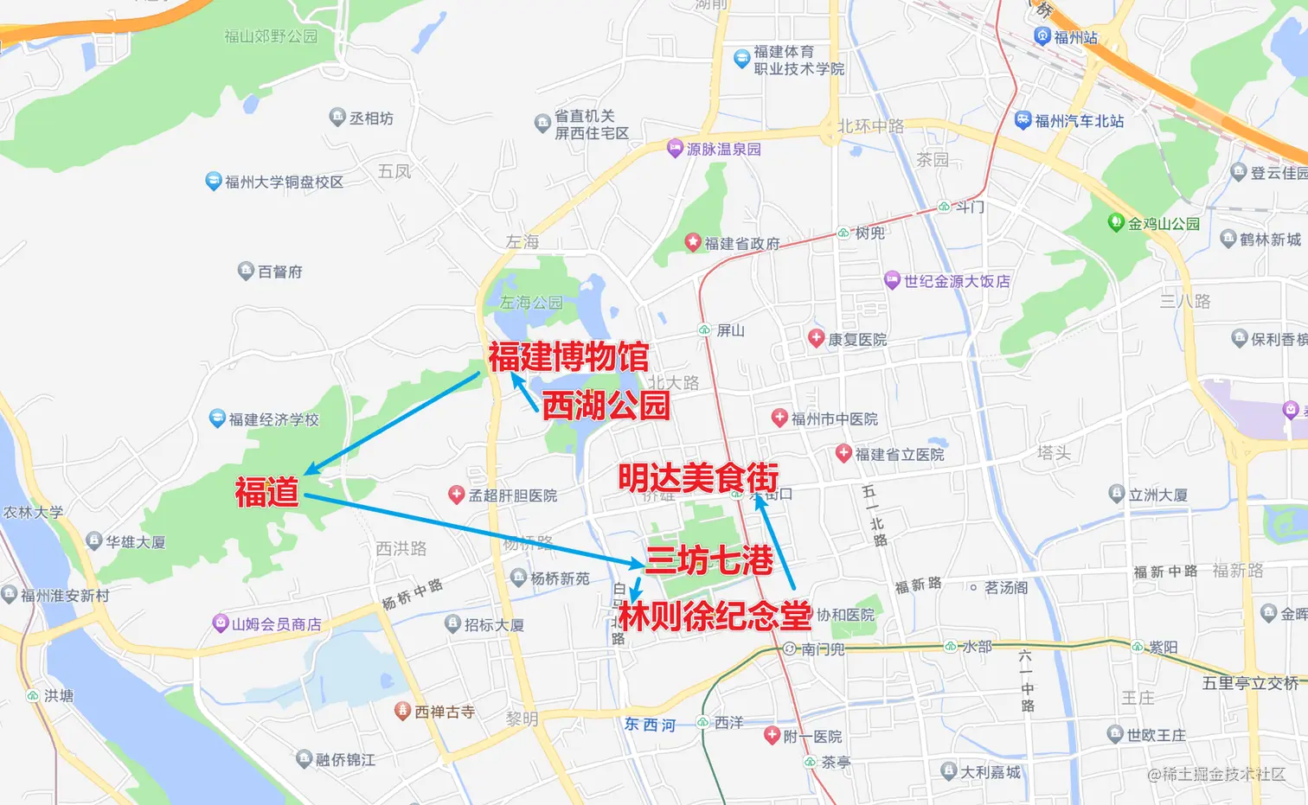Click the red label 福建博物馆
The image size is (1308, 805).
point(567,356)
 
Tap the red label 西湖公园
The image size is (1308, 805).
point(606,405)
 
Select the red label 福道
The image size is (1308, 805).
point(266,492)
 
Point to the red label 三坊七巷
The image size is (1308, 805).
point(709,560)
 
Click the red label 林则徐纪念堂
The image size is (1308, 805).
point(715,616)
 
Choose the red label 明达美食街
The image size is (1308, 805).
point(698,476)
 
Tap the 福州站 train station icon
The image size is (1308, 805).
point(1042,36)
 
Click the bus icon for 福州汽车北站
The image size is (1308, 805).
point(1023,120)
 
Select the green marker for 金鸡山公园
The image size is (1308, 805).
point(1116,222)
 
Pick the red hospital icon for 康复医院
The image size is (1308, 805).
point(816,338)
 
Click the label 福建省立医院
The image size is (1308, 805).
point(900,454)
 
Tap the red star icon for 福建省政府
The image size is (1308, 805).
point(693,242)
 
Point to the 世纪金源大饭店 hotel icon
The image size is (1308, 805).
point(893,280)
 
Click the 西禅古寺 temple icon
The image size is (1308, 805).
point(402,711)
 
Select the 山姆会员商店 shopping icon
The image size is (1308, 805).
point(221,623)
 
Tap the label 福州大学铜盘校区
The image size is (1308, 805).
point(284,182)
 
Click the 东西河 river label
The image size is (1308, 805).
point(650,725)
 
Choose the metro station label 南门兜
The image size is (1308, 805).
point(823,648)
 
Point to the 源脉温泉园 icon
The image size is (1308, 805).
point(676,148)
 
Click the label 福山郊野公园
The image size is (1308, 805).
point(271,36)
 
